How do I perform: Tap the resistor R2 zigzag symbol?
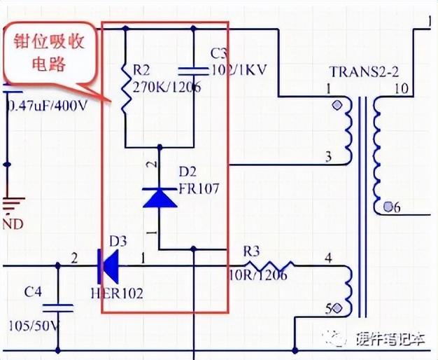point(125,91)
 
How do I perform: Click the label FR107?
point(200,188)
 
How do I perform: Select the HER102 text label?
point(116,293)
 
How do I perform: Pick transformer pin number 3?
point(328,156)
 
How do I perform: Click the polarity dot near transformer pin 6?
point(388,207)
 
